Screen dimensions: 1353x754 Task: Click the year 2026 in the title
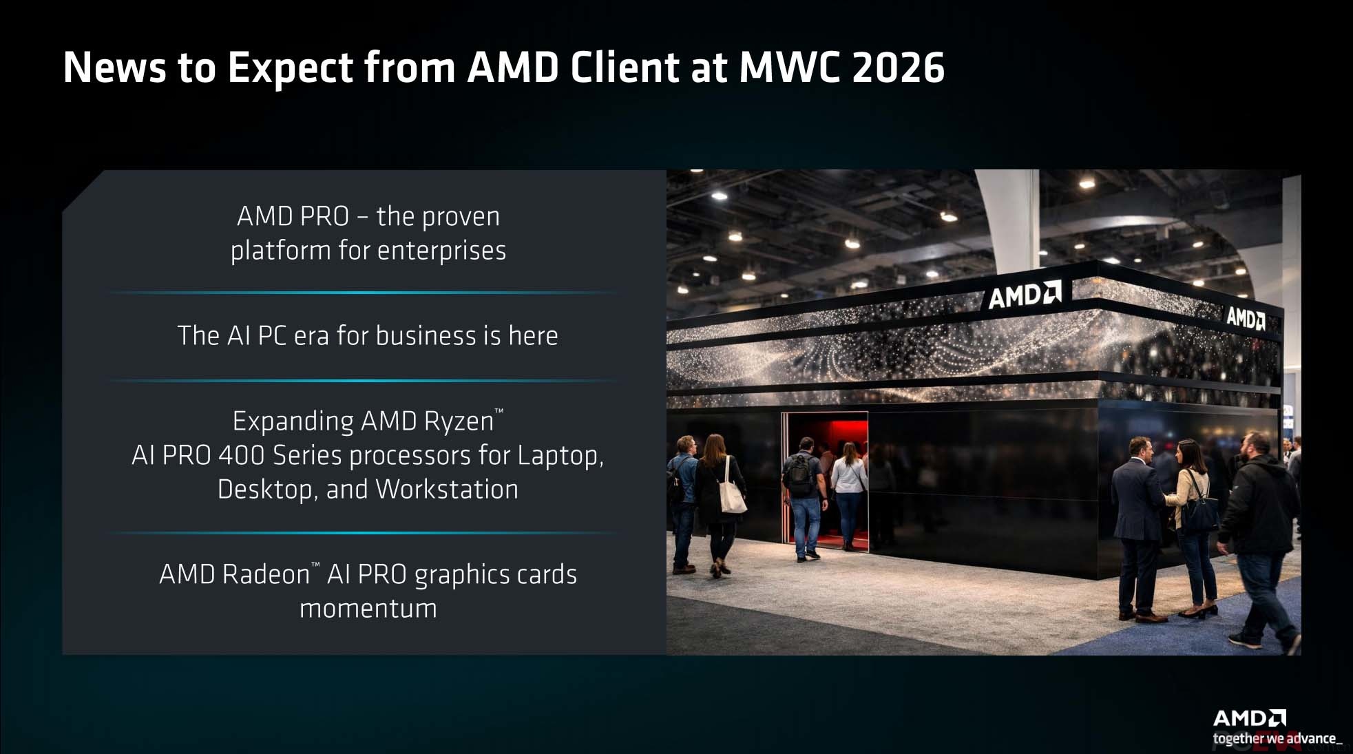[x=898, y=67]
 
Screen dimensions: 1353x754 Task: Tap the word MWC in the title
[x=788, y=67]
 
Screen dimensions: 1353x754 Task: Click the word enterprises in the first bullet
[x=441, y=251]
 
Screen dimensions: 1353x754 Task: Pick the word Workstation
[x=447, y=490]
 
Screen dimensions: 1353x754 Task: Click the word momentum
[x=368, y=609]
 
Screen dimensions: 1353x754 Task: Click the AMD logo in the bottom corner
[x=1249, y=719]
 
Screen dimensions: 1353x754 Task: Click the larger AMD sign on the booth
[x=1025, y=295]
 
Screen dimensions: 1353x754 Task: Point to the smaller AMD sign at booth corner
[x=1246, y=318]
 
